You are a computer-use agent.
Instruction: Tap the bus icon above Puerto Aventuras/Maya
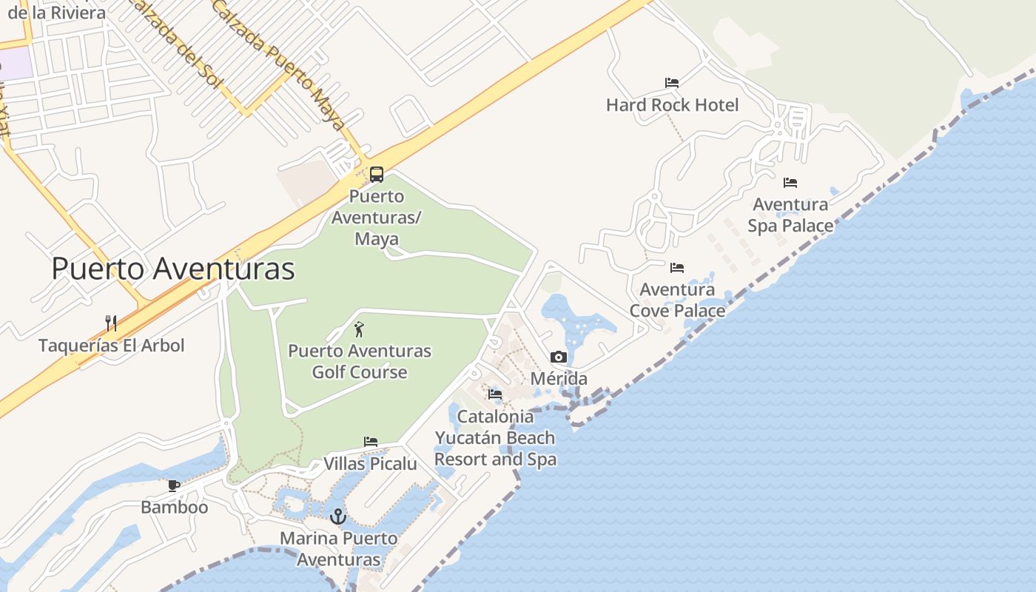377,175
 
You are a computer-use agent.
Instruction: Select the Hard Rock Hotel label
672,105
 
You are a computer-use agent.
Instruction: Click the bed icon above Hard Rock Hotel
672,82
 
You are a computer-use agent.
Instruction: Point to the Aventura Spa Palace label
790,215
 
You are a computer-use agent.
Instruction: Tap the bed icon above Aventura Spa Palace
790,182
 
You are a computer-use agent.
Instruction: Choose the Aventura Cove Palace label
677,300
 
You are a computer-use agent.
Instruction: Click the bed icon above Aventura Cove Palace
677,267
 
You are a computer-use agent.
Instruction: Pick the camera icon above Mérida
559,357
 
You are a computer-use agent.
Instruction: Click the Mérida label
559,379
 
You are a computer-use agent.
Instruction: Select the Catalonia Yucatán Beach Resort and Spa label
495,437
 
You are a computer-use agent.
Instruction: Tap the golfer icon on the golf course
360,329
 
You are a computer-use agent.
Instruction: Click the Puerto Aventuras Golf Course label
360,361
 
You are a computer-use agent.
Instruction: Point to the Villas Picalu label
371,464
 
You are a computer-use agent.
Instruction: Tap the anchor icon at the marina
338,517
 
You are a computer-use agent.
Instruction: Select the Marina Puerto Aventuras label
338,548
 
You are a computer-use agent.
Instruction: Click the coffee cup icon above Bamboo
174,485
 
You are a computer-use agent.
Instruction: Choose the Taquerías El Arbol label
111,346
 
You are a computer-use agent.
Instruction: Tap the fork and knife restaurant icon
111,323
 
